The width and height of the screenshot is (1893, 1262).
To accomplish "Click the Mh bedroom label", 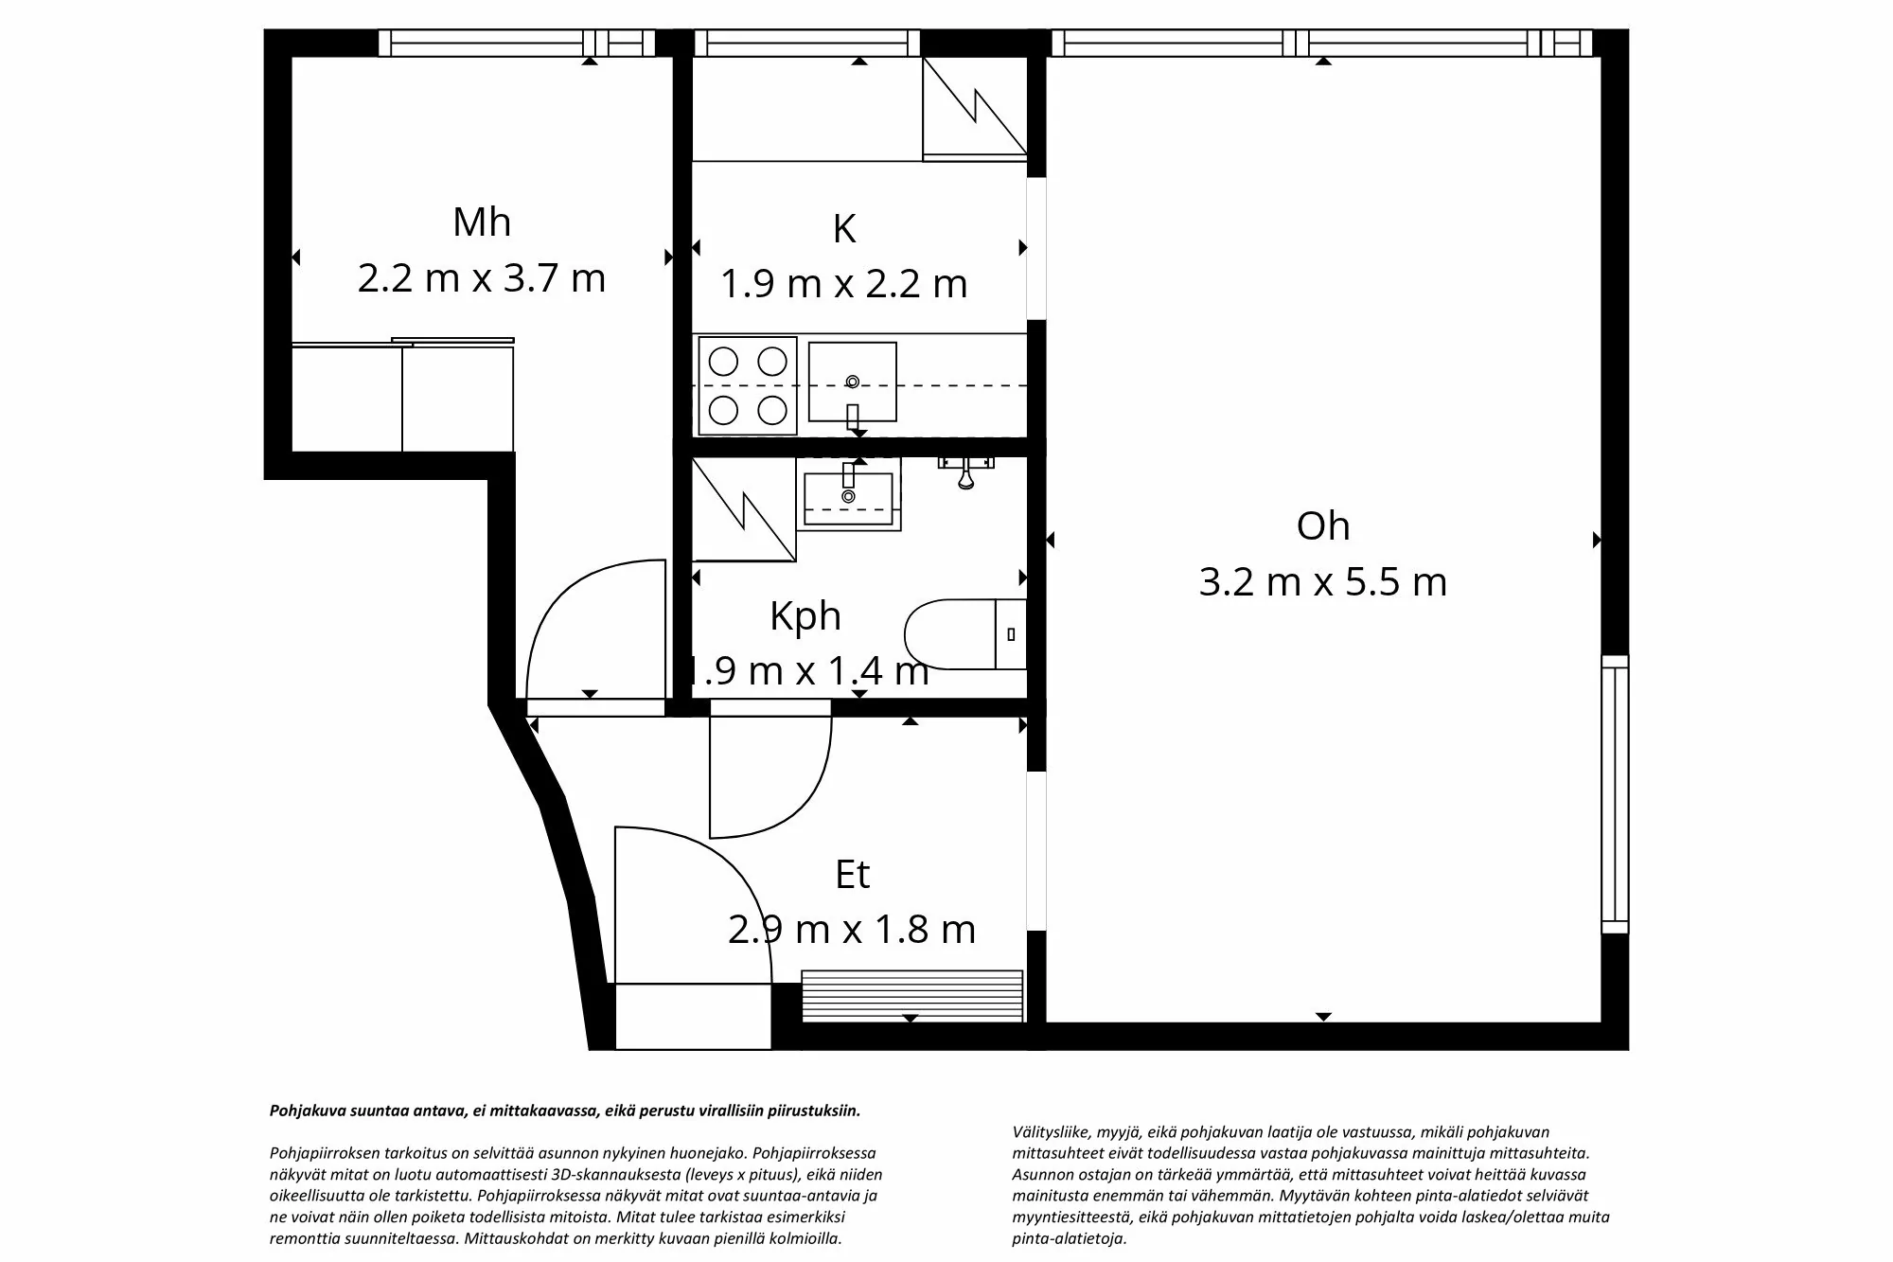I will (482, 222).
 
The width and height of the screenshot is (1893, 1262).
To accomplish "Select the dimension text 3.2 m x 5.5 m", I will (1322, 581).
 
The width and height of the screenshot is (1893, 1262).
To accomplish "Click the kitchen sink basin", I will (852, 382).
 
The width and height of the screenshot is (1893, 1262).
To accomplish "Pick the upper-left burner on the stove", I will (723, 361).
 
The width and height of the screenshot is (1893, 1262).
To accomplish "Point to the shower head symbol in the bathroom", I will (965, 473).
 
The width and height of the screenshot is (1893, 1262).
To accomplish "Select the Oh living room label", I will (1322, 526).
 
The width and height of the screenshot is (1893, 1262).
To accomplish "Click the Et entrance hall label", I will (852, 875).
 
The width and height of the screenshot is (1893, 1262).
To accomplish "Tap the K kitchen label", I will (844, 229).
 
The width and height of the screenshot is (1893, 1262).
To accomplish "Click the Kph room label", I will (805, 616).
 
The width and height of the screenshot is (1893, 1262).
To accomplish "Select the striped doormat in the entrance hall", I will (911, 995).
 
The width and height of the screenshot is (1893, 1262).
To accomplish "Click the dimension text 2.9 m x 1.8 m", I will (852, 930).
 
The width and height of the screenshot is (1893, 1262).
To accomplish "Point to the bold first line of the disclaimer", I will (565, 1111).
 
